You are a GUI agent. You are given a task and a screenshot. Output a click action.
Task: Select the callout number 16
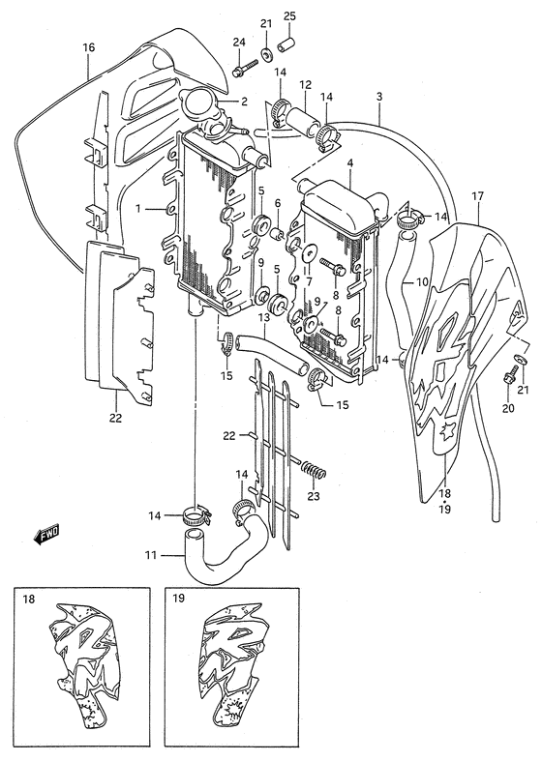pyautogui.click(x=88, y=47)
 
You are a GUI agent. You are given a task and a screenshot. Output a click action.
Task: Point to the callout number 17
pyautogui.click(x=478, y=196)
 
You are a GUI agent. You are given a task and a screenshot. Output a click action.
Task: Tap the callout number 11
pyautogui.click(x=151, y=555)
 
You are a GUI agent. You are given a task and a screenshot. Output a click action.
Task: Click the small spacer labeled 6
pyautogui.click(x=277, y=235)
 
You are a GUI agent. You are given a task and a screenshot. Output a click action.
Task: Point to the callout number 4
pyautogui.click(x=349, y=164)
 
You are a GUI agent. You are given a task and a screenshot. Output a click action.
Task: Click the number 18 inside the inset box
pyautogui.click(x=29, y=599)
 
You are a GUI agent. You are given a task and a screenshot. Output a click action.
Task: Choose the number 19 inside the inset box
pyautogui.click(x=178, y=598)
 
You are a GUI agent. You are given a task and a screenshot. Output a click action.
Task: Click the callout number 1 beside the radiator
pyautogui.click(x=138, y=209)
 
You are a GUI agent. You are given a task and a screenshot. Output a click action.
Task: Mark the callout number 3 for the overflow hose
pyautogui.click(x=378, y=96)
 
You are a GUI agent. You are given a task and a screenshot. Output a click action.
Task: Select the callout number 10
pyautogui.click(x=422, y=281)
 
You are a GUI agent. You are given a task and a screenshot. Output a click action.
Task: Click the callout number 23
pyautogui.click(x=314, y=496)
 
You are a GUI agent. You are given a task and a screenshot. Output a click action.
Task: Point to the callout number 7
pyautogui.click(x=309, y=281)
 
